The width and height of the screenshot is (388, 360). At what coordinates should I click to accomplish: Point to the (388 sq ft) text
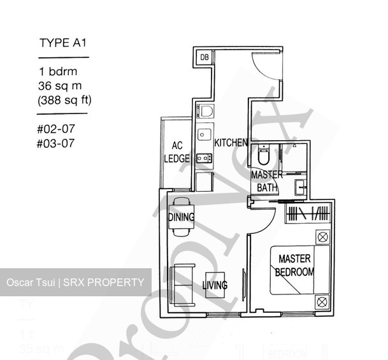(64, 99)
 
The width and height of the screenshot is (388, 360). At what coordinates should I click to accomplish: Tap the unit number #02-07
(55, 129)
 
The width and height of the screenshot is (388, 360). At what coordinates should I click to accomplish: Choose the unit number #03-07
(55, 143)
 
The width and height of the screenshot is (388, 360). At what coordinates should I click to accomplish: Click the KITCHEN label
(231, 143)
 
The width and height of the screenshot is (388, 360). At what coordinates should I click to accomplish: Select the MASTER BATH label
(266, 181)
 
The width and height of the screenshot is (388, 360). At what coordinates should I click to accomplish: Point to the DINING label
(181, 217)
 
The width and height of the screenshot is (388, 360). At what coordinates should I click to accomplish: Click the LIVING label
(215, 285)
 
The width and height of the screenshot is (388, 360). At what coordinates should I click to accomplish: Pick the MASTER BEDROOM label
(294, 265)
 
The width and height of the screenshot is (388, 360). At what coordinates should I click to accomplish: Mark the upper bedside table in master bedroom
(322, 237)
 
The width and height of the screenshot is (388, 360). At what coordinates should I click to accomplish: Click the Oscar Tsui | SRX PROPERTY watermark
(75, 282)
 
